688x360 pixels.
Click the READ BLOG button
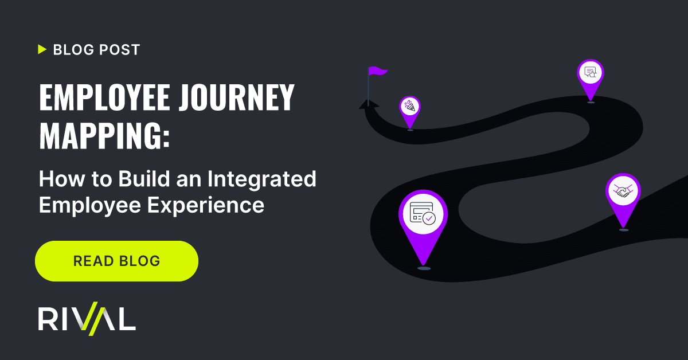tap(117, 261)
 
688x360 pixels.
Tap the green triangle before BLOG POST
tap(42, 49)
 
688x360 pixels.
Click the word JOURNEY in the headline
tap(237, 97)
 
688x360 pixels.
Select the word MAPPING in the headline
tap(100, 136)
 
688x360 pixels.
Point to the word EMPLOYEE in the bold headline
tap(104, 97)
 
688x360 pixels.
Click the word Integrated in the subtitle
tap(261, 179)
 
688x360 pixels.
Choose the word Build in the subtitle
tap(144, 178)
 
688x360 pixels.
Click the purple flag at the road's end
tap(377, 71)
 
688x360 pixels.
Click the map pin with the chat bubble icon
tap(591, 79)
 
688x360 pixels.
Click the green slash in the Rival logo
tap(93, 319)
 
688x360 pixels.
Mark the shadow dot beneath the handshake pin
tap(624, 230)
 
